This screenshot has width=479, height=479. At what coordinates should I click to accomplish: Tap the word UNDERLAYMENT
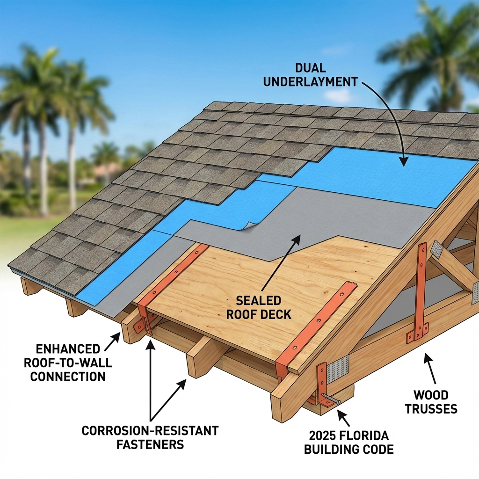tap(310, 81)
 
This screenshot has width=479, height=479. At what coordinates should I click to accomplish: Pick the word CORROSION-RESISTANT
tap(150, 430)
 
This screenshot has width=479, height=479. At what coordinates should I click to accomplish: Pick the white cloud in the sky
tap(337, 95)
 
